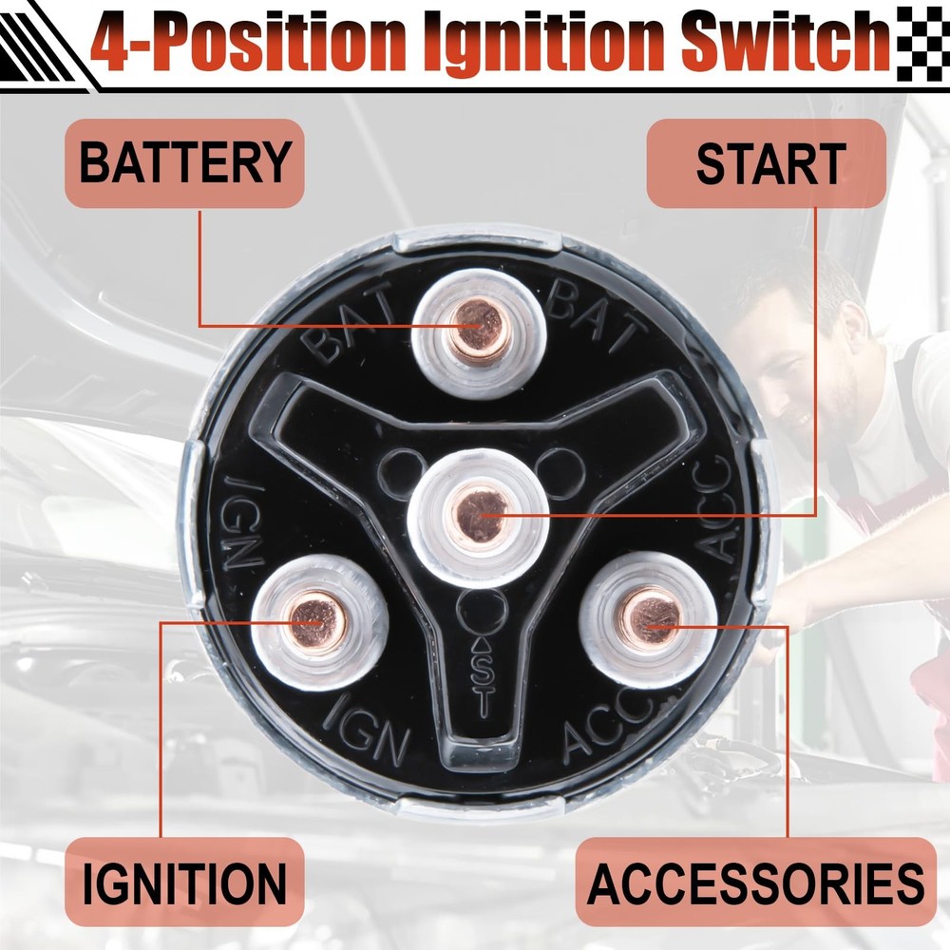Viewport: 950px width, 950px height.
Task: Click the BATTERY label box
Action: coord(183,162)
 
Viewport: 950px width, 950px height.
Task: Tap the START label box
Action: coord(767,162)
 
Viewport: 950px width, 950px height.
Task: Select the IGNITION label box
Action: coord(183,883)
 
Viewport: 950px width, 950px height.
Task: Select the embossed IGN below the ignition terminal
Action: coord(369,731)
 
